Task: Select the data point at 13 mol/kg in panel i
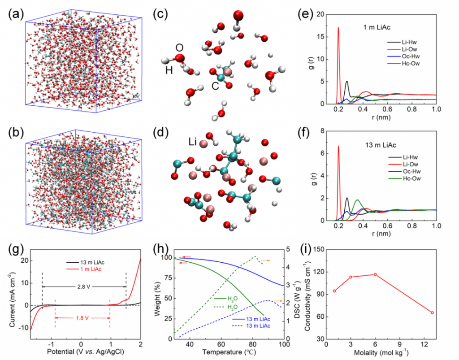432,312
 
